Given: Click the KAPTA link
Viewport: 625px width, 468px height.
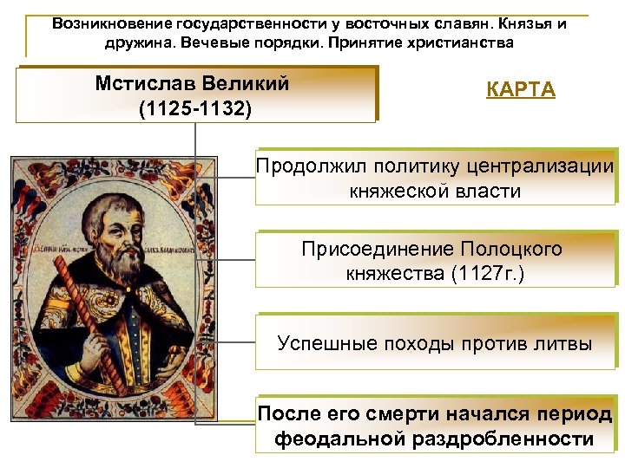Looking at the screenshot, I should (521, 90).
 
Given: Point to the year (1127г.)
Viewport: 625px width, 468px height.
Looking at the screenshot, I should (482, 274).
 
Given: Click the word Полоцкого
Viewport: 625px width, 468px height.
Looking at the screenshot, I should (511, 250).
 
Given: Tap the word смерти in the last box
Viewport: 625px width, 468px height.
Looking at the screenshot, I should (388, 413).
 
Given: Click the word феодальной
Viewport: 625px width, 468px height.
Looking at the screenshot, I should (342, 439).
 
